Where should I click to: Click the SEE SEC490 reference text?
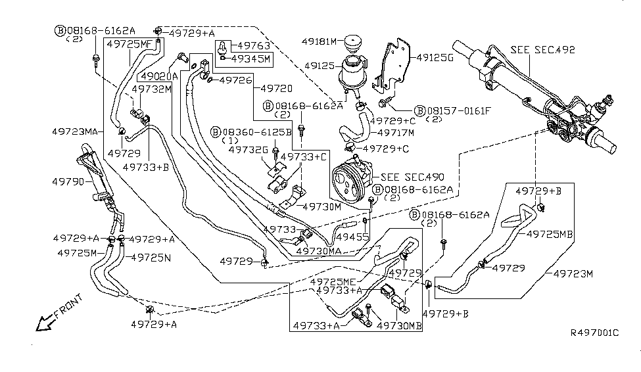[x=412, y=177]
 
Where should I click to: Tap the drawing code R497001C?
[x=594, y=333]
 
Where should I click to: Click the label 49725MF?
[x=130, y=44]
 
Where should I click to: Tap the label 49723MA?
[x=75, y=131]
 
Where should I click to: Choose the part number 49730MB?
[x=400, y=325]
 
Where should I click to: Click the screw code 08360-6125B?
[x=256, y=131]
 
